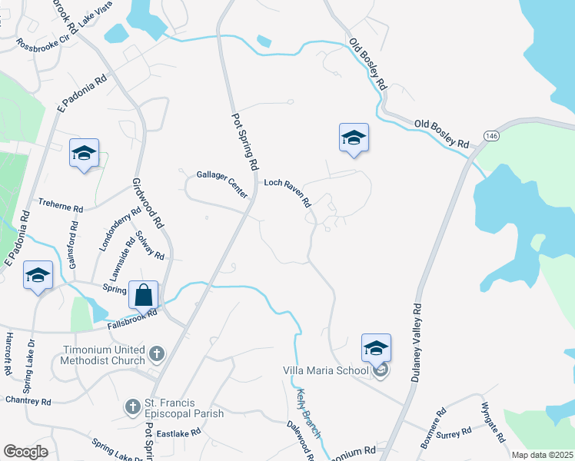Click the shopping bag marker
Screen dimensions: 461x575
click(143, 294)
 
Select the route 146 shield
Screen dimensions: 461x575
click(491, 135)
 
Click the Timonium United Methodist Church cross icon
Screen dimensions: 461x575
click(156, 354)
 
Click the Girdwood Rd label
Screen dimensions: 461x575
click(149, 208)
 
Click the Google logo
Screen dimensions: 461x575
click(25, 451)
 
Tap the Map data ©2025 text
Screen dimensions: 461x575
click(542, 455)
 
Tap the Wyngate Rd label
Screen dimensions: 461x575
click(493, 422)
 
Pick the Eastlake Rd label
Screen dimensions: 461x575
click(178, 434)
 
